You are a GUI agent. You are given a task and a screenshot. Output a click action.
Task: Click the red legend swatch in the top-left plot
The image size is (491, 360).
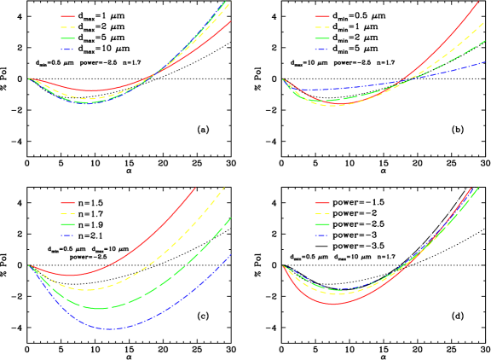(x=69, y=16)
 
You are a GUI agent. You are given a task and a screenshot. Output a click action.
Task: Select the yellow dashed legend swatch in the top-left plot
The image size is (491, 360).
(x=69, y=27)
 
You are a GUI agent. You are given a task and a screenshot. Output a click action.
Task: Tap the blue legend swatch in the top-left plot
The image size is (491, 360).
(x=69, y=49)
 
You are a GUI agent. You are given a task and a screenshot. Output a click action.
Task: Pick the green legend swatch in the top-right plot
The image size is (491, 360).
(x=322, y=38)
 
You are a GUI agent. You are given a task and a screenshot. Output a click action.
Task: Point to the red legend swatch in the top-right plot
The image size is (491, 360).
(x=322, y=16)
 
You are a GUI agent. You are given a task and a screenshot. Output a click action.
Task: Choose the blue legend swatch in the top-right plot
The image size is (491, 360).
(x=322, y=49)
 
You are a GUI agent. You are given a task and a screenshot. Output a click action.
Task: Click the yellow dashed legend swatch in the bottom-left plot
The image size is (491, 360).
(x=69, y=213)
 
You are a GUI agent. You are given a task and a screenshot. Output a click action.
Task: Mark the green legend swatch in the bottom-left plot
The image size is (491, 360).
(x=69, y=224)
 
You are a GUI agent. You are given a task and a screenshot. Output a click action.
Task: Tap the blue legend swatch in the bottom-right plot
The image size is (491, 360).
(x=322, y=235)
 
